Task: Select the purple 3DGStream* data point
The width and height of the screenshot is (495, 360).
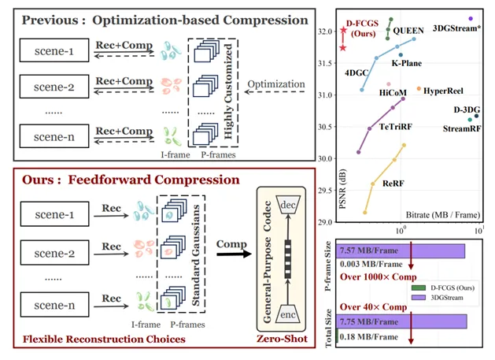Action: [471, 18]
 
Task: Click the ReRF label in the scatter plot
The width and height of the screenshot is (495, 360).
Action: [393, 182]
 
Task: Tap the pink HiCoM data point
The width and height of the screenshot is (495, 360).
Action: [388, 84]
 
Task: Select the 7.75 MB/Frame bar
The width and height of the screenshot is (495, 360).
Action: [402, 321]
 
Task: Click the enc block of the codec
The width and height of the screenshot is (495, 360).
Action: [289, 311]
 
